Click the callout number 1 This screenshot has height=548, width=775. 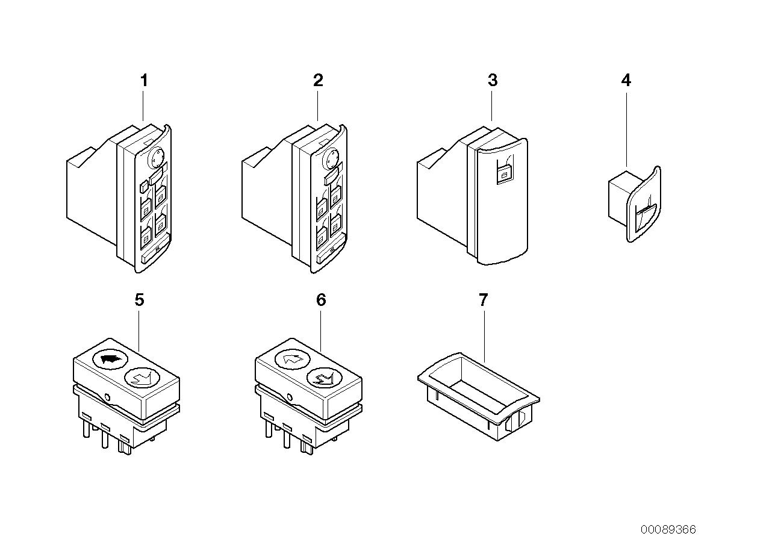click(143, 81)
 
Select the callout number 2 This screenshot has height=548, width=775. click(318, 81)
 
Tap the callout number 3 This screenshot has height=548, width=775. click(493, 81)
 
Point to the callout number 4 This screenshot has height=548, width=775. click(626, 81)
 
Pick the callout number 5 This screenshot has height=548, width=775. click(139, 300)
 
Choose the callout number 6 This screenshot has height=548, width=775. click(321, 300)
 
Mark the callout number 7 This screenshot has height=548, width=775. click(483, 300)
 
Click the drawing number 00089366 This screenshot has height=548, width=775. click(668, 529)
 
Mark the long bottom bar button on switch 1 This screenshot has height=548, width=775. click(149, 257)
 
